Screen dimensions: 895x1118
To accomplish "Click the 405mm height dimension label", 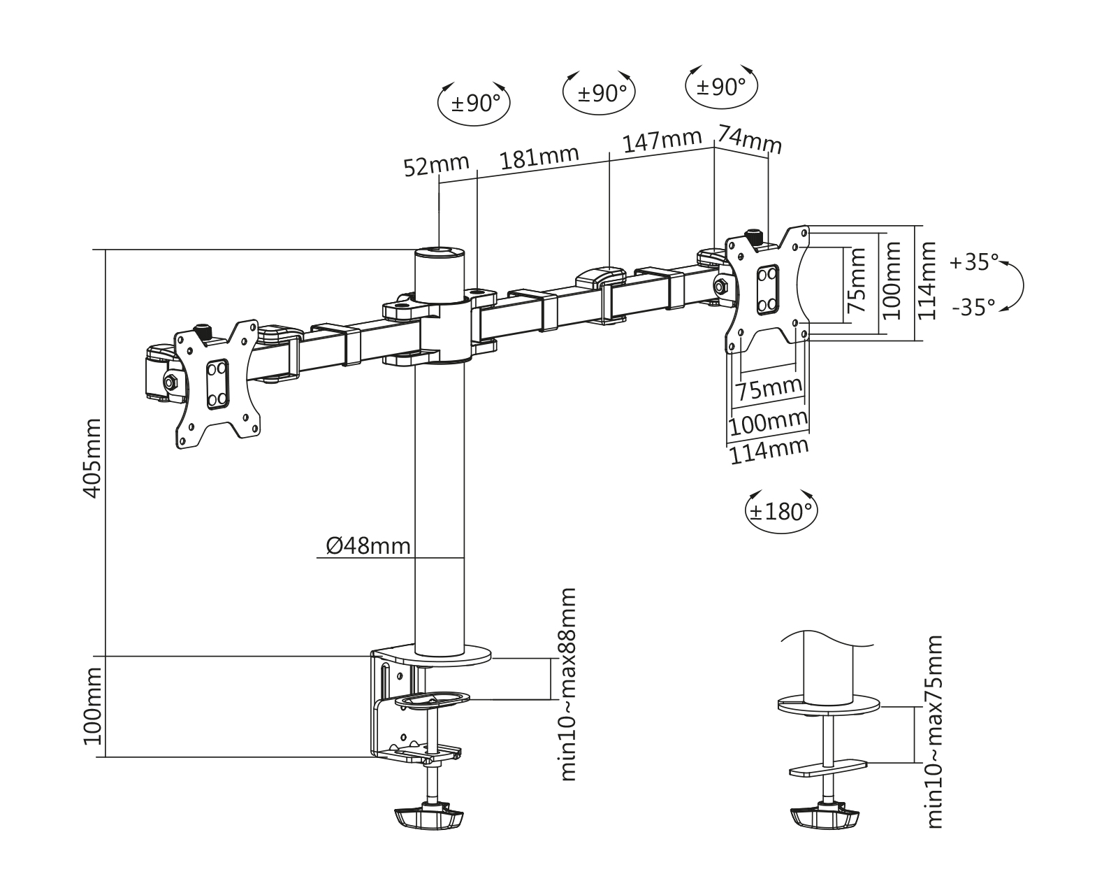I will pyautogui.click(x=92, y=458).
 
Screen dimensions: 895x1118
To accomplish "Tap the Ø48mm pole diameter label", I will pyautogui.click(x=368, y=545).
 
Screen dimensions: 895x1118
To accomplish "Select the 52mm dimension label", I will pyautogui.click(x=436, y=166).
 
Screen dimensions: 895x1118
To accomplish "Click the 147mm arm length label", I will pyautogui.click(x=661, y=140).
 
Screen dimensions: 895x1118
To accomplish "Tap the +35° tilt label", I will pyautogui.click(x=975, y=263).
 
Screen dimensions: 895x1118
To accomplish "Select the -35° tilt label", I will pyautogui.click(x=973, y=307).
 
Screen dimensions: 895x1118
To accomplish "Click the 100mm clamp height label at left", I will pyautogui.click(x=92, y=706).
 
